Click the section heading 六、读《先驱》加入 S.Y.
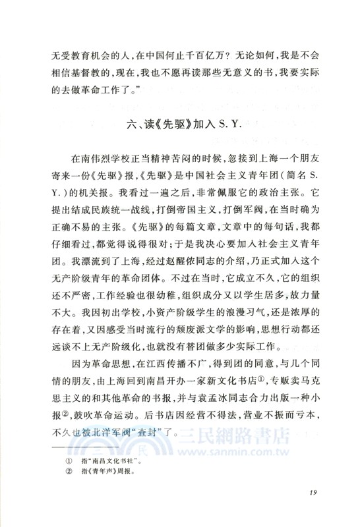[x=179, y=125]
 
